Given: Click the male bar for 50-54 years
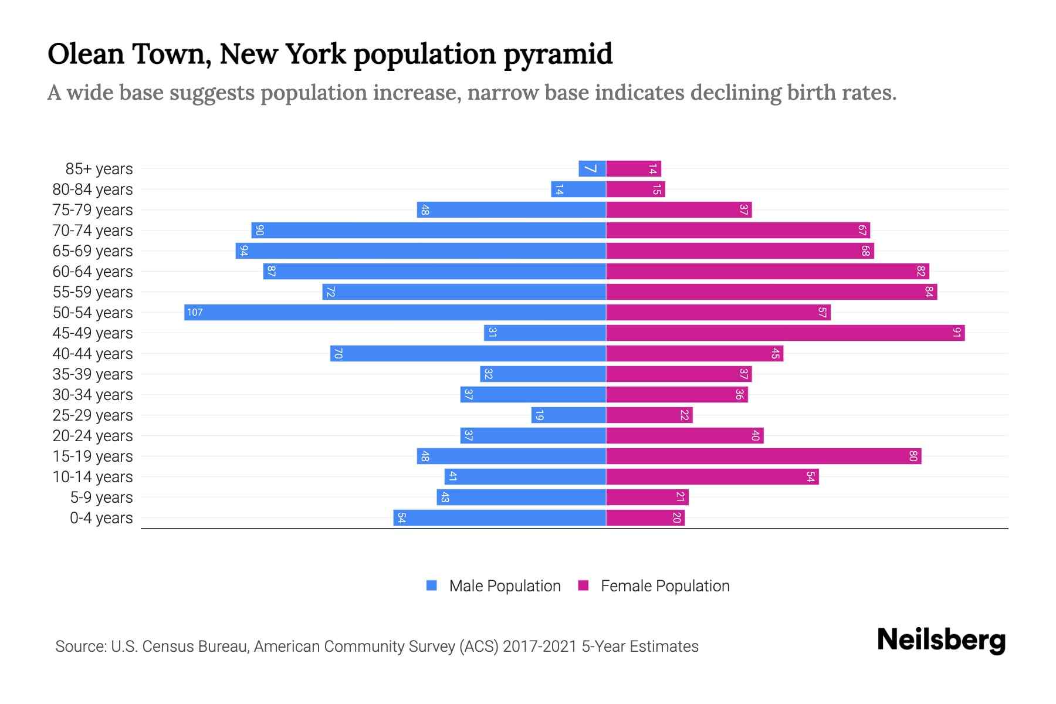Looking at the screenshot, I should click(x=395, y=312).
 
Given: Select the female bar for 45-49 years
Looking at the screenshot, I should click(x=785, y=333).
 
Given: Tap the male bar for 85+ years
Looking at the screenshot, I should click(x=592, y=168).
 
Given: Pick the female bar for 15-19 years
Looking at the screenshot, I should click(x=763, y=456).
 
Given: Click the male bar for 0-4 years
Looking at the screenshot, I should click(x=499, y=517).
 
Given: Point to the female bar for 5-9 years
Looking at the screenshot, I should click(x=647, y=497).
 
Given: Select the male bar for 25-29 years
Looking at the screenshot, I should click(x=568, y=415).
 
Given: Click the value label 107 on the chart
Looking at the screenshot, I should click(x=195, y=312).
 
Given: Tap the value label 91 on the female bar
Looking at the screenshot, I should click(x=957, y=333).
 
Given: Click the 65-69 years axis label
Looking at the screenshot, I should click(x=93, y=251).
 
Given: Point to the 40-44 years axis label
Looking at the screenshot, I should click(x=93, y=353).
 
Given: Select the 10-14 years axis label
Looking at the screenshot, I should click(x=93, y=476).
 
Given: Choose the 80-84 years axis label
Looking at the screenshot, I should click(x=93, y=189).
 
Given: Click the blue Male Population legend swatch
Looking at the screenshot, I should click(x=432, y=585).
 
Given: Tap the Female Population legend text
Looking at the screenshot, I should click(x=665, y=585).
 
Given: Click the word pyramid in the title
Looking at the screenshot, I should click(x=558, y=55).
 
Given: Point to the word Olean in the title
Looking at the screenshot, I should click(x=86, y=54).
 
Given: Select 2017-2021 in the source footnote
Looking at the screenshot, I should click(x=540, y=646).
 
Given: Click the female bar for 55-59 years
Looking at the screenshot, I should click(x=771, y=292).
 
